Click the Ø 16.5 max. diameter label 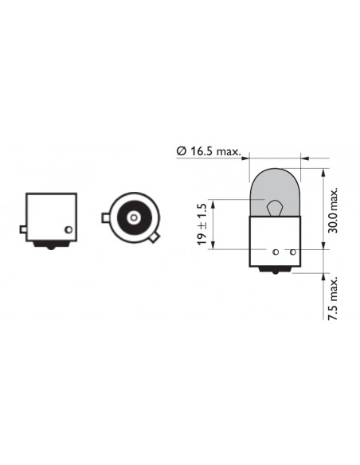click(x=209, y=151)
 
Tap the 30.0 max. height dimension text click(x=333, y=210)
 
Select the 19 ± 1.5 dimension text click(x=202, y=225)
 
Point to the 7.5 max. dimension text click(x=333, y=299)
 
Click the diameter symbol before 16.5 click(x=181, y=151)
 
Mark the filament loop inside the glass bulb click(x=274, y=208)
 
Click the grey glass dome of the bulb click(x=276, y=192)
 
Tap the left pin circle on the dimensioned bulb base click(x=276, y=252)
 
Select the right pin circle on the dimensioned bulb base click(x=293, y=252)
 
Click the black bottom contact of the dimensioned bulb click(x=276, y=270)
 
